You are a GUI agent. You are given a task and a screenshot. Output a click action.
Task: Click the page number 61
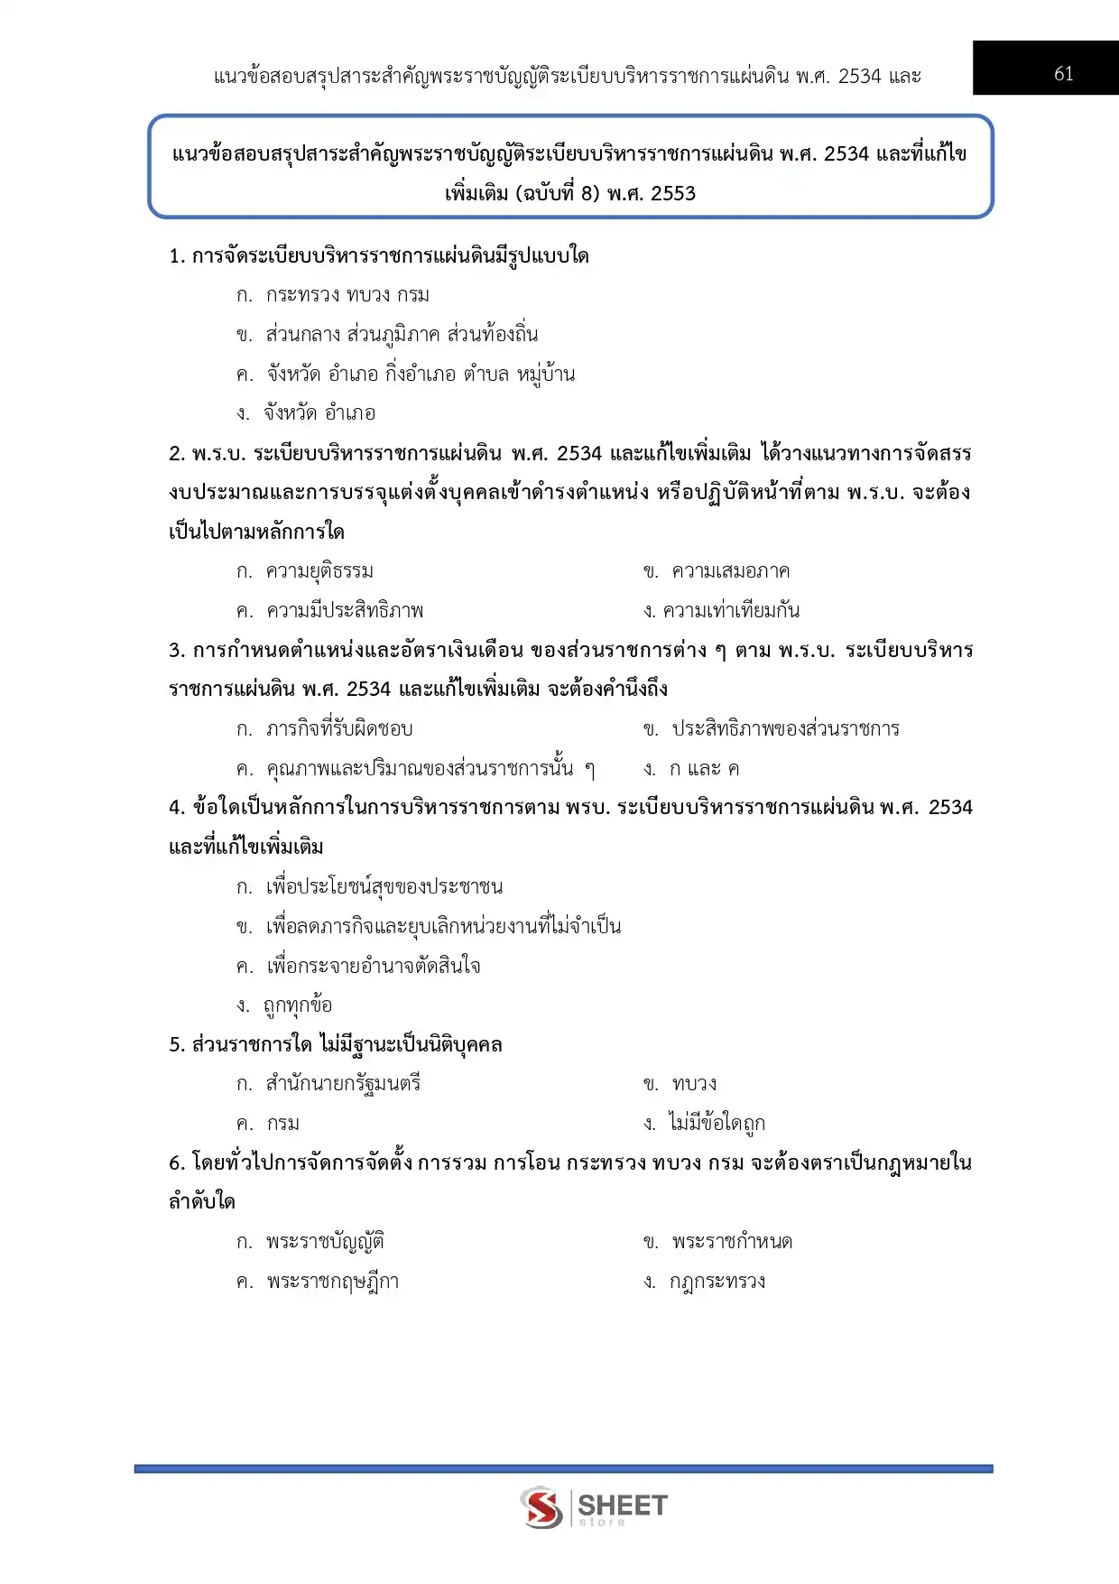1064,74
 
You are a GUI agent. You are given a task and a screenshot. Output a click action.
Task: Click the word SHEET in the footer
622,1505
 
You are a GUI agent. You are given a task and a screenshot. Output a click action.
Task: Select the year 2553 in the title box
672,193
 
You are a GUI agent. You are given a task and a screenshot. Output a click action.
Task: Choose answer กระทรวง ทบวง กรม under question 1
347,295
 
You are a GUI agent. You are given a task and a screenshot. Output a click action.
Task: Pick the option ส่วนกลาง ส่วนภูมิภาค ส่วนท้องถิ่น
402,335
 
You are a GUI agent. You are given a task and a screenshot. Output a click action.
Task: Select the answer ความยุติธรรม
319,571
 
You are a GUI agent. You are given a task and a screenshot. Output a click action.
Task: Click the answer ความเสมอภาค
730,571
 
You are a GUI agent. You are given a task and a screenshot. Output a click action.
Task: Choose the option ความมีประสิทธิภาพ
345,611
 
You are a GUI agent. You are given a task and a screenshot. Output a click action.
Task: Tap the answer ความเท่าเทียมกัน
731,611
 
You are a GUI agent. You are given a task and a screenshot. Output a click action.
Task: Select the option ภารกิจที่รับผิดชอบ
339,729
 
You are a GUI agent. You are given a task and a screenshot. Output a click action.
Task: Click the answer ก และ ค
704,769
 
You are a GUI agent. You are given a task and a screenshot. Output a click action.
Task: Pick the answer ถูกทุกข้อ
298,1005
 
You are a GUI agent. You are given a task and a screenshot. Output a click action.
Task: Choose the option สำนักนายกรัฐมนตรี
343,1084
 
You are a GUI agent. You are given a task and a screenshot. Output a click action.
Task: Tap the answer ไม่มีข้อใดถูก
717,1124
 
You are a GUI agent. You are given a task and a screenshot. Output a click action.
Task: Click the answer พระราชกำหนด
732,1242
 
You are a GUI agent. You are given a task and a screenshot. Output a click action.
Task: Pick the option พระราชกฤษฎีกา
332,1282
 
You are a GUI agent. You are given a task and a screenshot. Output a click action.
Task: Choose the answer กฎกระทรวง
717,1282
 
